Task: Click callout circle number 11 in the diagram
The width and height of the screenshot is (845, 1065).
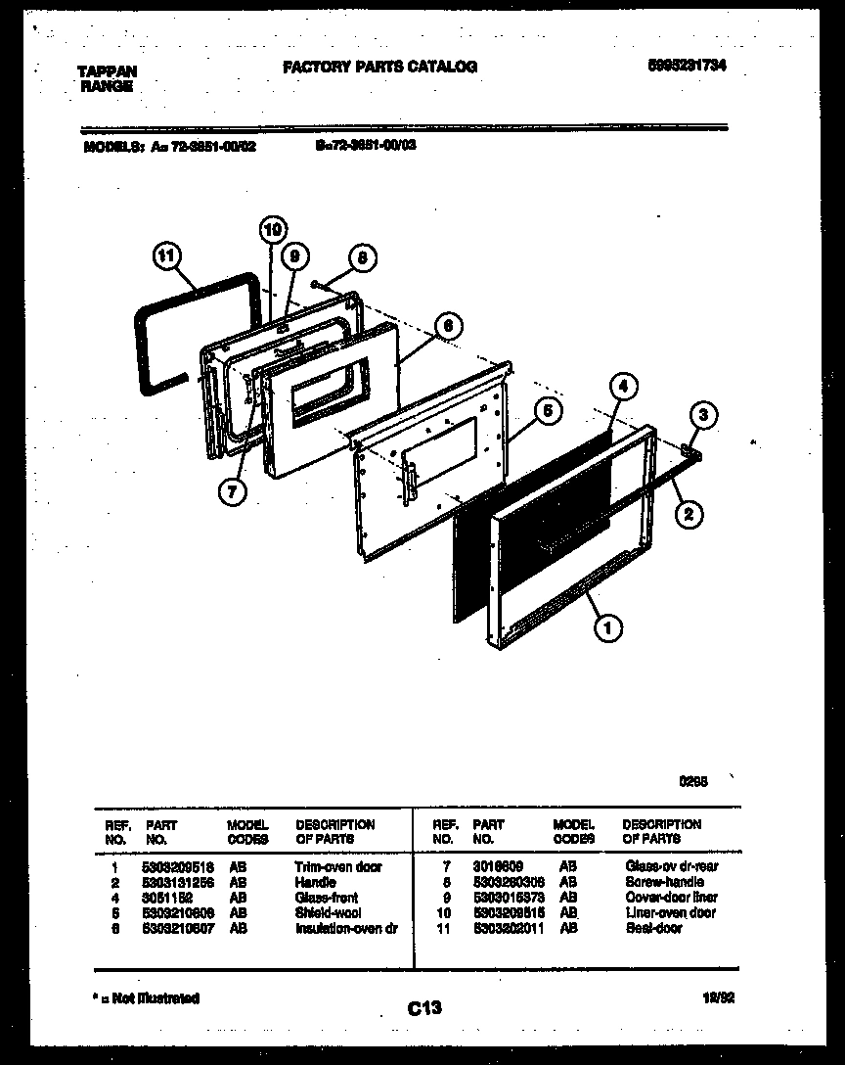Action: (167, 258)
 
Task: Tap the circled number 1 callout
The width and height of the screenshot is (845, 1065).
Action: (608, 627)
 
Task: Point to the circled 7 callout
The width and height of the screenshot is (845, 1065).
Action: (231, 492)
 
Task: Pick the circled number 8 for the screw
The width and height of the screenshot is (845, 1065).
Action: (362, 258)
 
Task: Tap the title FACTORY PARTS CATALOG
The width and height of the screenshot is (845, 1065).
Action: (379, 67)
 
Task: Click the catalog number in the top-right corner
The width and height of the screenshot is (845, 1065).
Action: (688, 66)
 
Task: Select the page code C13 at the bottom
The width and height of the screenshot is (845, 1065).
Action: (423, 1009)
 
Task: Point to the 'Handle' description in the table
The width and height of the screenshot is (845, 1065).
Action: (315, 882)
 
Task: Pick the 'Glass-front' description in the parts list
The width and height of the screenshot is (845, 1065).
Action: (326, 898)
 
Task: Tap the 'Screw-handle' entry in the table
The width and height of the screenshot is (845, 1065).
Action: (664, 882)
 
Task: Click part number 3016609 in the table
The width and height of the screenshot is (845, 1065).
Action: (497, 867)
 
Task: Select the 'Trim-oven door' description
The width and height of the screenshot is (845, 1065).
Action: (337, 867)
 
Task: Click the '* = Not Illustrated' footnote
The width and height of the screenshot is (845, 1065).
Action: (147, 998)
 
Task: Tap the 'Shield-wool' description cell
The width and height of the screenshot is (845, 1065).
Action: (327, 912)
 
